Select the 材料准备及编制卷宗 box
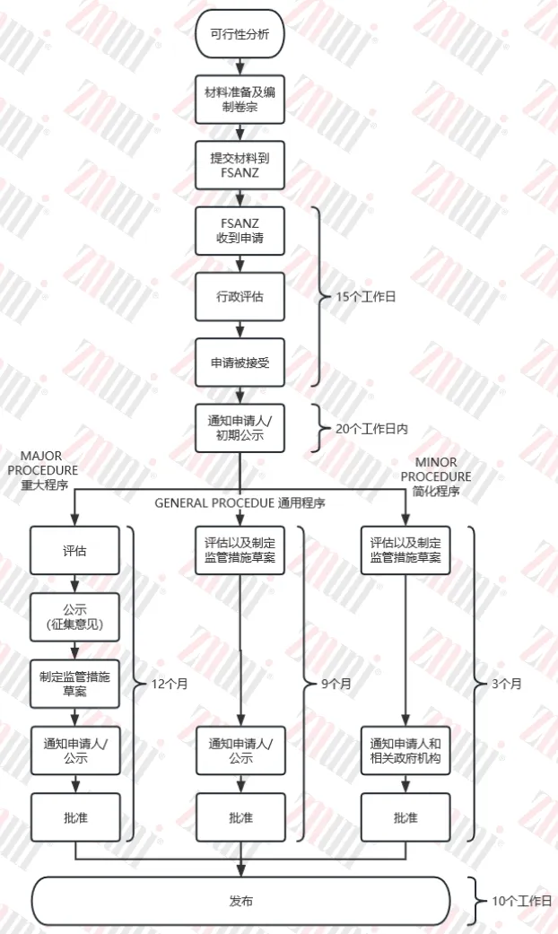pyautogui.click(x=240, y=99)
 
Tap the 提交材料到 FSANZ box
pyautogui.click(x=240, y=165)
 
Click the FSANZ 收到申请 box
pyautogui.click(x=240, y=231)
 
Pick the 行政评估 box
pyautogui.click(x=240, y=296)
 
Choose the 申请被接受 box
pyautogui.click(x=240, y=362)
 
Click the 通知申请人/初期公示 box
pyautogui.click(x=240, y=428)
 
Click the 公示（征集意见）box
pyautogui.click(x=74, y=616)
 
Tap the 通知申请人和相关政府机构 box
pyautogui.click(x=405, y=750)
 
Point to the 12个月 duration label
pyautogui.click(x=169, y=684)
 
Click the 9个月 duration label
pyautogui.click(x=336, y=684)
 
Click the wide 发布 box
pyautogui.click(x=240, y=900)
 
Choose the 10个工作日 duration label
pyautogui.click(x=521, y=900)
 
